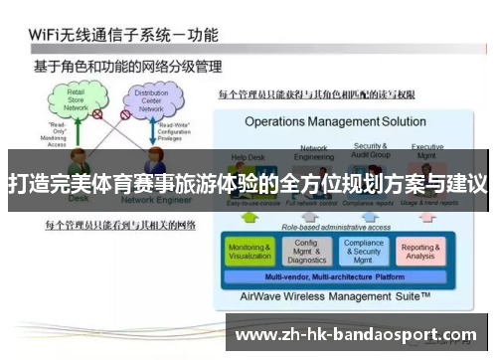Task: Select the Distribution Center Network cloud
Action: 152,99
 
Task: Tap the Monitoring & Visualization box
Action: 249,252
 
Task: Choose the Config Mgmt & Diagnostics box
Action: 306,252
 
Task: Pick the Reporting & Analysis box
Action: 420,252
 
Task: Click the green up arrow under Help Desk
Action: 250,217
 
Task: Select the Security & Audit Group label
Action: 371,151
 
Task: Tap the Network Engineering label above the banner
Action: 313,151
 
